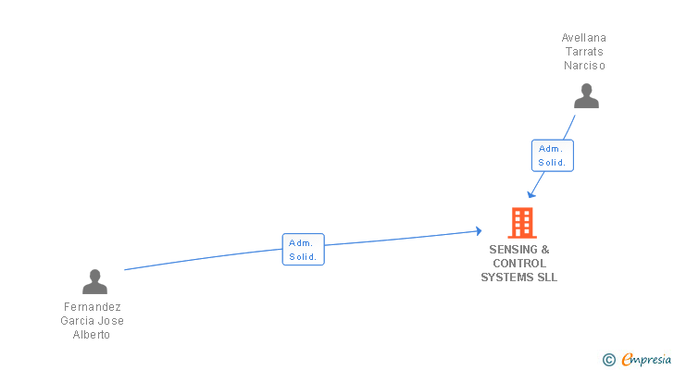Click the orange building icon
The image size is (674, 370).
coord(522,223)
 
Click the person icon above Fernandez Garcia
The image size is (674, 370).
coord(94,281)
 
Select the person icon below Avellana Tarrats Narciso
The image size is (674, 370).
coord(585,96)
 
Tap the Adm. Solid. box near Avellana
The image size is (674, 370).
coord(553,155)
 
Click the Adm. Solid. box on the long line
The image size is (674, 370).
coord(303,250)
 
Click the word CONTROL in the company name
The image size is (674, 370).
coord(519,264)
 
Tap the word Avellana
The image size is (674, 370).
coord(584,38)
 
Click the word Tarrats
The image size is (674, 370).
coord(584,52)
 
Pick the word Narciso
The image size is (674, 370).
coord(584,66)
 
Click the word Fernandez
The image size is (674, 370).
coord(92,307)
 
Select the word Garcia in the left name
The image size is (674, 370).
coord(79,321)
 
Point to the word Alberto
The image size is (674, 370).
coord(92,335)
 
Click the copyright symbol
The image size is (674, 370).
coord(608,359)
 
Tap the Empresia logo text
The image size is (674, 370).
coord(645,359)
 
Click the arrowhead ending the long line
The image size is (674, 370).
coord(479,231)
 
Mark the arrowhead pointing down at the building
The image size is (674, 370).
coord(530,194)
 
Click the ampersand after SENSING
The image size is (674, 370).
coord(545,250)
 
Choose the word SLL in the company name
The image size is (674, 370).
coord(547,277)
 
